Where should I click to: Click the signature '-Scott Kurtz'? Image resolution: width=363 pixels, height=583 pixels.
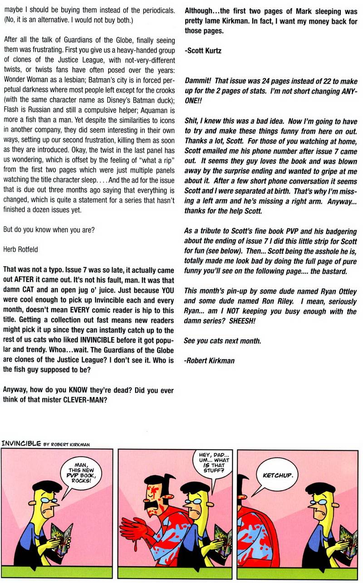pyautogui.click(x=203, y=51)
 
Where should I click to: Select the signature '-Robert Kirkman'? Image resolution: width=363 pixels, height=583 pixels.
pyautogui.click(x=210, y=361)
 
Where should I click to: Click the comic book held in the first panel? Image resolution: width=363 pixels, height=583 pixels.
pyautogui.click(x=60, y=539)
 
